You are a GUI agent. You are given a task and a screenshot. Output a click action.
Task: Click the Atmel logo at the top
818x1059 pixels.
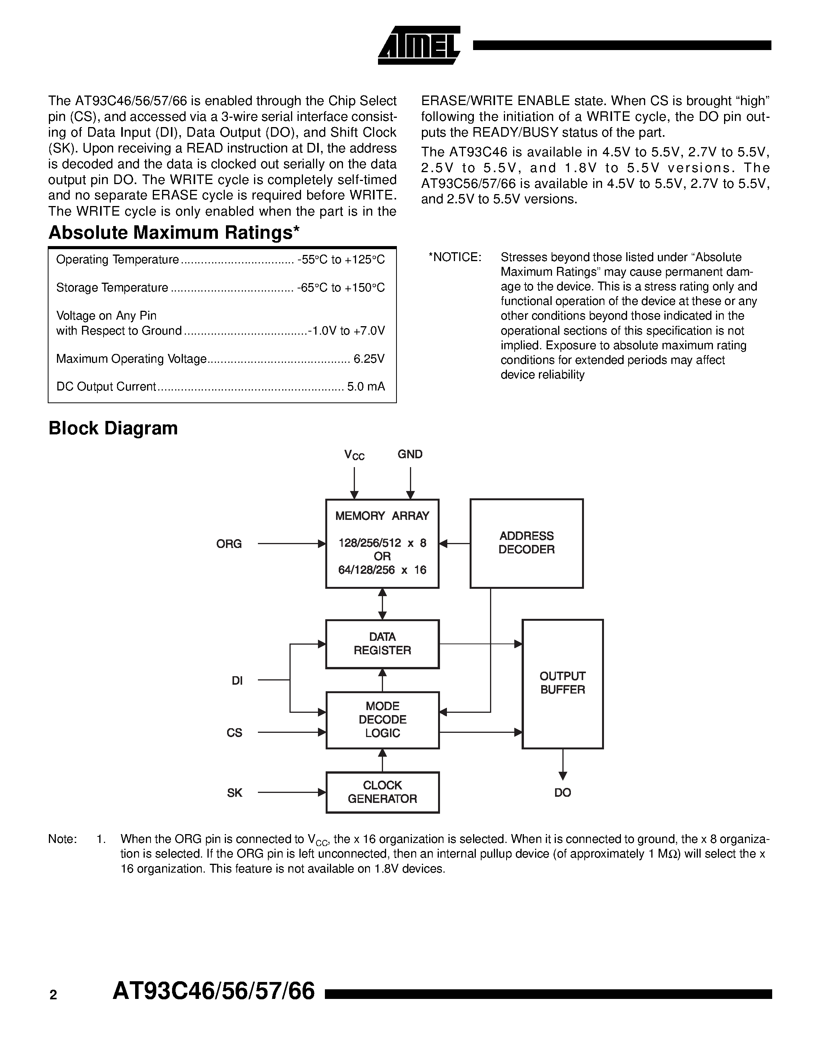419,45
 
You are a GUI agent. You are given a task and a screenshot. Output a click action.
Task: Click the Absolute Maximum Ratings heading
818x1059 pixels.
174,233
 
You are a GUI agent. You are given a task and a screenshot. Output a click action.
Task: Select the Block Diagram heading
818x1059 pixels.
113,428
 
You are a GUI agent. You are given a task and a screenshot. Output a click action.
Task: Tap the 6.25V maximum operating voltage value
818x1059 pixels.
369,359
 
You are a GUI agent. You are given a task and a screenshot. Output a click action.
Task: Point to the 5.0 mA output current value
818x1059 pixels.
366,387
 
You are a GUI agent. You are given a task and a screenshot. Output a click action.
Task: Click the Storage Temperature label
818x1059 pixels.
112,288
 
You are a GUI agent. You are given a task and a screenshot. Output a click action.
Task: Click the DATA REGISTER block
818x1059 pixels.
382,643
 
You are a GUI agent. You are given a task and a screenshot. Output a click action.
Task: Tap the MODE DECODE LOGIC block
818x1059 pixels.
382,720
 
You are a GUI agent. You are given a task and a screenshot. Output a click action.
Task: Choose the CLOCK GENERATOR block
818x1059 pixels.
382,792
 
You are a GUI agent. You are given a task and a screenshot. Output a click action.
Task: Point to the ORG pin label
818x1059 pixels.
229,544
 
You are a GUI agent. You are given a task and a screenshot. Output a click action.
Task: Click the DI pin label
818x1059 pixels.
237,681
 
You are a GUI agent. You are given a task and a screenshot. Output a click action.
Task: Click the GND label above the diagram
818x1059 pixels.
410,454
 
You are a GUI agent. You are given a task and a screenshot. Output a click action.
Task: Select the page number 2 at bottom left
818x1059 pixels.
53,995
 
